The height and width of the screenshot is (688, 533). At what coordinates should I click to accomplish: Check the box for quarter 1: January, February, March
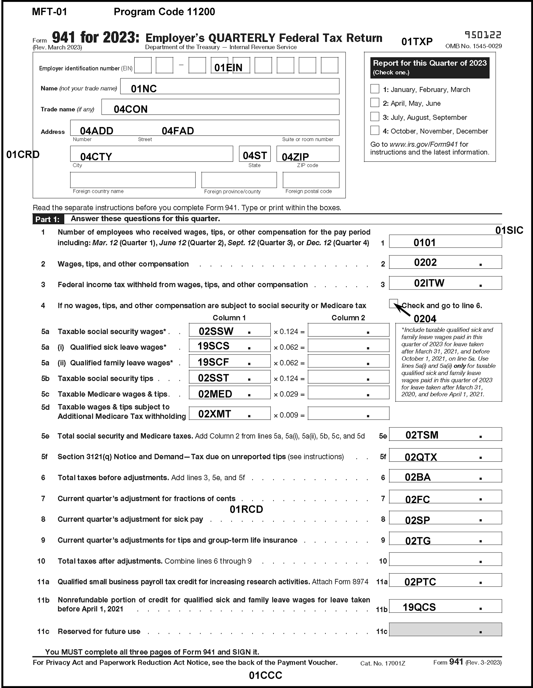375,89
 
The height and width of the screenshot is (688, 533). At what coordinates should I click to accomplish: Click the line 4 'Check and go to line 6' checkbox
393,303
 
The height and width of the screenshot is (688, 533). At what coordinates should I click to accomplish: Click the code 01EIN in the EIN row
228,68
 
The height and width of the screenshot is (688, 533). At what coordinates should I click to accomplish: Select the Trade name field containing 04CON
220,107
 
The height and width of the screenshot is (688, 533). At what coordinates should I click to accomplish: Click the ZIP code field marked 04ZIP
308,154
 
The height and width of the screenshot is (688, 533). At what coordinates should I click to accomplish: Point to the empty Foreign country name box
133,180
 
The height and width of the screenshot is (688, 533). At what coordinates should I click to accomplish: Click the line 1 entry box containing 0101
445,242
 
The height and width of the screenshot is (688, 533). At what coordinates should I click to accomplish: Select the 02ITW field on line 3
445,283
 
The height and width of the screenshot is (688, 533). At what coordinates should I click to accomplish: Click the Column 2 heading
348,318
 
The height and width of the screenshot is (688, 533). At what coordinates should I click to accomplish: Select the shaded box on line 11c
445,630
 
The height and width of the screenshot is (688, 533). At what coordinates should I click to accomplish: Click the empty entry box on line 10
445,560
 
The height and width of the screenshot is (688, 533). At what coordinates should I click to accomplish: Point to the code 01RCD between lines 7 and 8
246,509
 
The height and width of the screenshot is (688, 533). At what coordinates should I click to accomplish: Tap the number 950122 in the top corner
483,35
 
